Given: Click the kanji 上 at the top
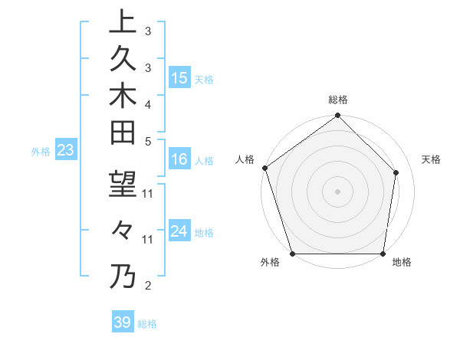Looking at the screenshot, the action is pyautogui.click(x=123, y=21).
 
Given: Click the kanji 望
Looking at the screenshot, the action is pyautogui.click(x=123, y=184).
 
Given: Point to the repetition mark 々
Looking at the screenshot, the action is pyautogui.click(x=123, y=231).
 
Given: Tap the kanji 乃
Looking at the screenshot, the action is pyautogui.click(x=123, y=276).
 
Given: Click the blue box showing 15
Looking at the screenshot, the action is pyautogui.click(x=179, y=78).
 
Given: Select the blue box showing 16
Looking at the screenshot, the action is pyautogui.click(x=179, y=159).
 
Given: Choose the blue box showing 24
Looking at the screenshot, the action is pyautogui.click(x=179, y=231).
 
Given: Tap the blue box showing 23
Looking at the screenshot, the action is pyautogui.click(x=65, y=151).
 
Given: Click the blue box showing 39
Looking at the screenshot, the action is pyautogui.click(x=122, y=322).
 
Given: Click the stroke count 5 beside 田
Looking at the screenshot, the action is pyautogui.click(x=148, y=141).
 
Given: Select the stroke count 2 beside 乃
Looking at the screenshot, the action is pyautogui.click(x=148, y=286).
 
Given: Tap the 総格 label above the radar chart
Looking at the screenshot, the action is pyautogui.click(x=338, y=100).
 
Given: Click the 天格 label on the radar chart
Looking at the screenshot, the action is pyautogui.click(x=431, y=159).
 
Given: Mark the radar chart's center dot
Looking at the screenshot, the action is pyautogui.click(x=337, y=191).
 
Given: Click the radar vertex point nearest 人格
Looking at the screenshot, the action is pyautogui.click(x=264, y=168).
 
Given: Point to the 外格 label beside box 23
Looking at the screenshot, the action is pyautogui.click(x=41, y=152).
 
